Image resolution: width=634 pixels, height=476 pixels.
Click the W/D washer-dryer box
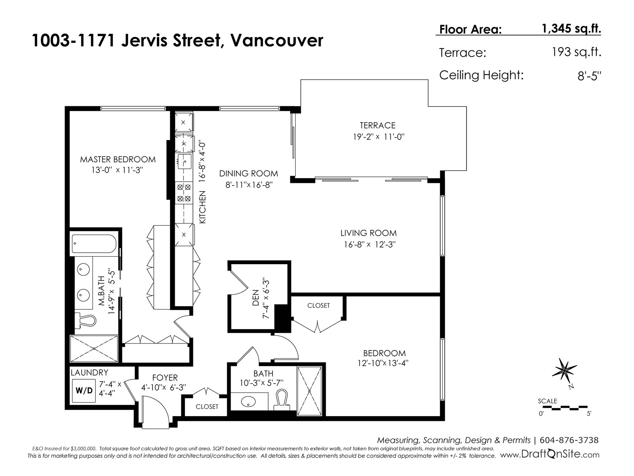84,390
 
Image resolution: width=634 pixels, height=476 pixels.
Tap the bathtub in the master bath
94,244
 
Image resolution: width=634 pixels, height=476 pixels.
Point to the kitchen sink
184,161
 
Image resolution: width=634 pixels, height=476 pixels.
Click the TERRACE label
378,125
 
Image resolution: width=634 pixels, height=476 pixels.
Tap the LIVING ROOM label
369,233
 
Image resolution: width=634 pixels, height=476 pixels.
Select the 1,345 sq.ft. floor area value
571,29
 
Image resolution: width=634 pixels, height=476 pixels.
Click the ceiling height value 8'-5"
589,76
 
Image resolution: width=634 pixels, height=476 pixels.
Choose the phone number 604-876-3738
569,440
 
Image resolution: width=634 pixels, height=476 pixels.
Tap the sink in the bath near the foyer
248,401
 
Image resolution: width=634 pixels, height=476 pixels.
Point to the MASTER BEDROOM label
118,159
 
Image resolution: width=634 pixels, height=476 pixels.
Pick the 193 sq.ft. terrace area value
577,52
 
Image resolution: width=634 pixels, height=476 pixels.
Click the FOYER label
165,378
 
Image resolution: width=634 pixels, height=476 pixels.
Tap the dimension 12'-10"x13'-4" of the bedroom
383,363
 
